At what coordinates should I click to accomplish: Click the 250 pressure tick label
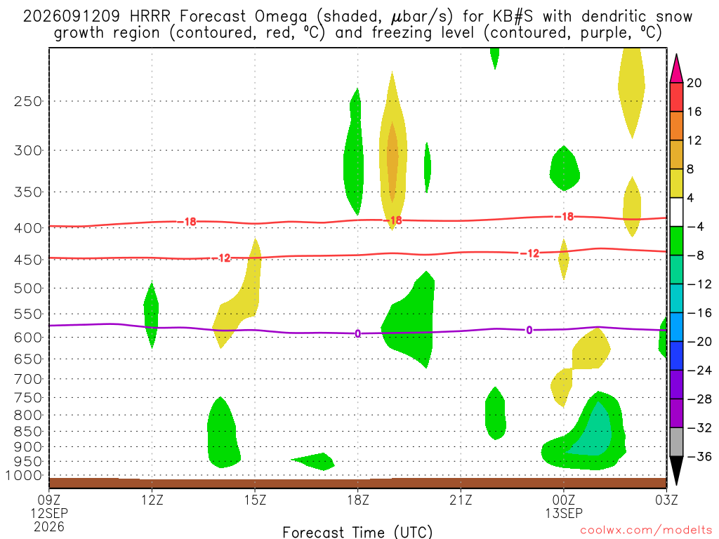(27, 101)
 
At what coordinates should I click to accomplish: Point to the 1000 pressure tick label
(24, 475)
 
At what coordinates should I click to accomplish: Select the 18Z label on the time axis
(358, 500)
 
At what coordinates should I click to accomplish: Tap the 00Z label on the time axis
(564, 500)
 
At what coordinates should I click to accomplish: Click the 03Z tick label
(666, 500)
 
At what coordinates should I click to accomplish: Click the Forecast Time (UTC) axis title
(357, 532)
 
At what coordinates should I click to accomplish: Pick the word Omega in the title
(281, 17)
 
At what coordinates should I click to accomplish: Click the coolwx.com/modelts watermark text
(646, 531)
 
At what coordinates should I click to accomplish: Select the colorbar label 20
(694, 83)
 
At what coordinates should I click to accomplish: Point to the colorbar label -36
(699, 456)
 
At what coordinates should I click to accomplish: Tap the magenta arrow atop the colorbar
(676, 69)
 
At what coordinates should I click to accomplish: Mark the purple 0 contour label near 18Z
(357, 333)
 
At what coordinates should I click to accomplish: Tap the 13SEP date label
(564, 513)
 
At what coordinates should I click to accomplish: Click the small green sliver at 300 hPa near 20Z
(428, 167)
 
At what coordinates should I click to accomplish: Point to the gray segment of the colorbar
(676, 442)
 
